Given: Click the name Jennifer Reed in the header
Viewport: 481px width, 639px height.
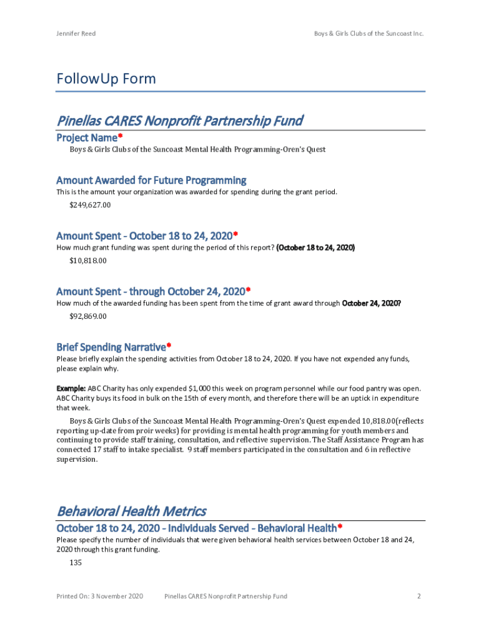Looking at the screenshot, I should coord(76,34).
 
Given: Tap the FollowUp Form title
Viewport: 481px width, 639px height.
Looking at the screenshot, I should coord(106,79).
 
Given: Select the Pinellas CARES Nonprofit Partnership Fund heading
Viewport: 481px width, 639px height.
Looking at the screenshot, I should coord(180,120).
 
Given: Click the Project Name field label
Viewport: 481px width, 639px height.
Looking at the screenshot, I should coord(87,137).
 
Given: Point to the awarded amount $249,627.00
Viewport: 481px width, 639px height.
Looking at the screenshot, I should coord(90,205).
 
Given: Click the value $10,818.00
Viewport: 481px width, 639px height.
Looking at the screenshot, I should coord(88,260).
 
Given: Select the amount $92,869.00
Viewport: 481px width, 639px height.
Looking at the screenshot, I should coord(88,316).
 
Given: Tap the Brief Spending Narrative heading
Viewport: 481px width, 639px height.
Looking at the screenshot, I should coord(111,347).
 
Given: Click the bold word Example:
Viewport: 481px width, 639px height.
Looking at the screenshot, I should coord(71,389).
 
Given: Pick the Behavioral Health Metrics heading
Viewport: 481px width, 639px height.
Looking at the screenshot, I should coord(131,511).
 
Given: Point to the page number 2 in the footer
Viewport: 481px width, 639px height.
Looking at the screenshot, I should coord(419,597).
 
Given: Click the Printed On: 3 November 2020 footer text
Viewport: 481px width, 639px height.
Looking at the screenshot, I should coord(100,597).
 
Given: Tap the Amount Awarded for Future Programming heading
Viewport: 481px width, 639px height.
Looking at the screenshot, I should coord(151,181).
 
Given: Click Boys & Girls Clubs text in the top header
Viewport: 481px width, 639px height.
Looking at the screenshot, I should coord(340,34).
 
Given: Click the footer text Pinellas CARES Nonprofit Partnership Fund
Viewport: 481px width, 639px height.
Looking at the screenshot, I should coord(226,597).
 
